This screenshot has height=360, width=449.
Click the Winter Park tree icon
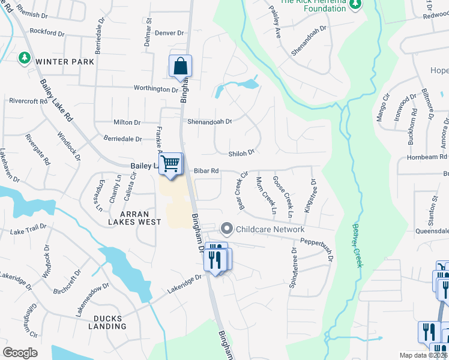25,58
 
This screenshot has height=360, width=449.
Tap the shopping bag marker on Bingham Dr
180,67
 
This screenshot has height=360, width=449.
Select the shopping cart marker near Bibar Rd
171,164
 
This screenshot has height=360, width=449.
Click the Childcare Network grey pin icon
226,229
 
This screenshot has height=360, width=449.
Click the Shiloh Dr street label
241,152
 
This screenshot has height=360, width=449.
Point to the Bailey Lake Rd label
56,101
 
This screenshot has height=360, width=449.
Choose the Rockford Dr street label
46,31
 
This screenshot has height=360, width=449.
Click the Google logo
20,352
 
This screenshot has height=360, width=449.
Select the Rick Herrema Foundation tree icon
355,4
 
